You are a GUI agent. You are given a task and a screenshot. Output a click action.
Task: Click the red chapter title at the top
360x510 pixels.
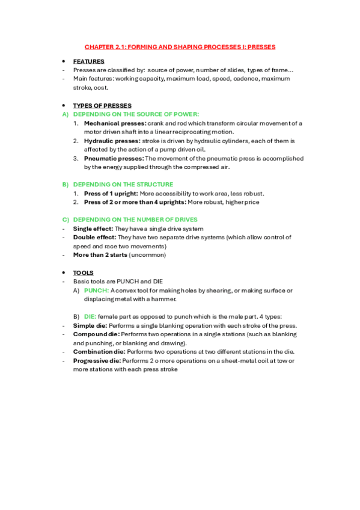tap(180, 46)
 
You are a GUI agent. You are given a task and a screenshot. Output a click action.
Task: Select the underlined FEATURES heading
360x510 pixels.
tap(88, 61)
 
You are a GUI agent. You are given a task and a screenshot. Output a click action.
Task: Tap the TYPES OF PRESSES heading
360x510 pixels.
tap(102, 105)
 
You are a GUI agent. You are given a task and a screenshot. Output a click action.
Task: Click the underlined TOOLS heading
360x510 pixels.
tap(83, 272)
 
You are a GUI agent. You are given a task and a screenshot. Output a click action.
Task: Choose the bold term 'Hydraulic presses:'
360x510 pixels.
tap(112, 141)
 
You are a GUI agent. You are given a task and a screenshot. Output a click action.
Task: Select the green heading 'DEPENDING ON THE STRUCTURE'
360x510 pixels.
tap(123, 185)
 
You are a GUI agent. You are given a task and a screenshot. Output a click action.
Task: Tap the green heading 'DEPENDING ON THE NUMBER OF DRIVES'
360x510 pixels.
tap(135, 220)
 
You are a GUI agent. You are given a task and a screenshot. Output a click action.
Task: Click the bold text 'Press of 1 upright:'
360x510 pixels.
tap(111, 194)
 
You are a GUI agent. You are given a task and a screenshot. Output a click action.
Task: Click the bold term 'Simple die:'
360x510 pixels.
tap(90, 325)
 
